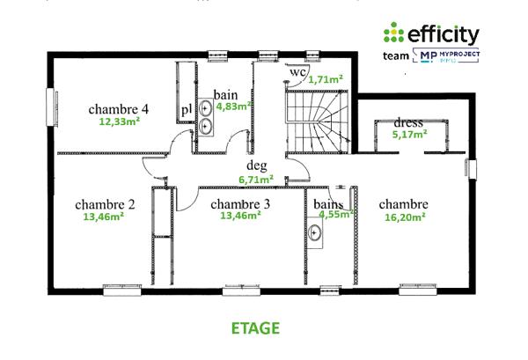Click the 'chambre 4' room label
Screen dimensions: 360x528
coord(119,109)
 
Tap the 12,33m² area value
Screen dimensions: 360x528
coord(119,122)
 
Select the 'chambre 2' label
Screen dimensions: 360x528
coord(105,202)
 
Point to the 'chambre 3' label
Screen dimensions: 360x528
coord(240,203)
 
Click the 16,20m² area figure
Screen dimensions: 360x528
coord(404,217)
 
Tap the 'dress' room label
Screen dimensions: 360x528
coord(409,122)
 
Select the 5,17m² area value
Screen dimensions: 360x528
coord(409,135)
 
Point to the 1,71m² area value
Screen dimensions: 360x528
coord(324,79)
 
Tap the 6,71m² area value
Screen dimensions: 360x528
coord(257,179)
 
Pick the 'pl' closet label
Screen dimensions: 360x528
coord(187,109)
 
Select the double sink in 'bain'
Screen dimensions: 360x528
coord(205,115)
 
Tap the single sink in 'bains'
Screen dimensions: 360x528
coord(314,232)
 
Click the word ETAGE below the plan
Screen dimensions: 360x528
coord(255,328)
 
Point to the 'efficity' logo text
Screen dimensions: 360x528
coord(443,34)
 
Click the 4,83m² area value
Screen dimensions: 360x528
coord(235,106)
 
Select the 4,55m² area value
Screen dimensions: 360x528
coord(335,213)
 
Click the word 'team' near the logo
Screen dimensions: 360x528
coord(397,55)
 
